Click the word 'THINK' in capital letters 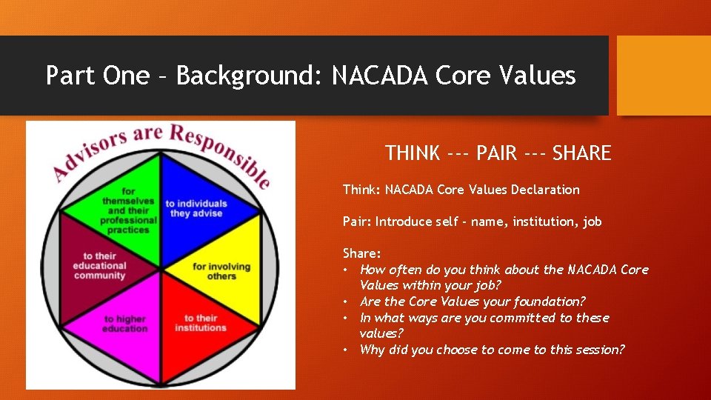pyautogui.click(x=413, y=153)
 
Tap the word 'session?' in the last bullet pyautogui.click(x=599, y=350)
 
